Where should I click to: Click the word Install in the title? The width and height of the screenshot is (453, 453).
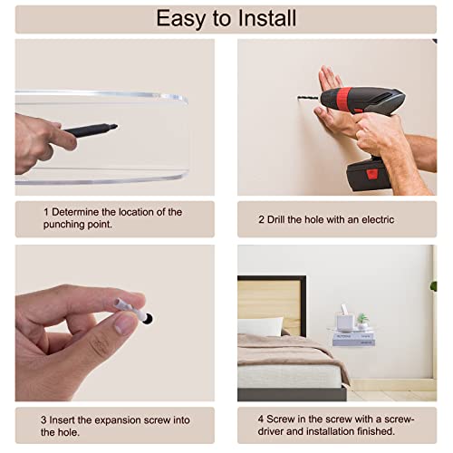[267, 18]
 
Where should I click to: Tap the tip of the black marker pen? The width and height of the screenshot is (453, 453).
[116, 126]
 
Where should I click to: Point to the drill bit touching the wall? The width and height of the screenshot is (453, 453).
[308, 98]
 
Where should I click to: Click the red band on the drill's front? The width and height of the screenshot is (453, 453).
[343, 97]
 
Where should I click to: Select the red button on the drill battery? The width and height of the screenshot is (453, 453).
[371, 174]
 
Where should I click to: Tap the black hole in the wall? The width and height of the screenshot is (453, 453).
[148, 319]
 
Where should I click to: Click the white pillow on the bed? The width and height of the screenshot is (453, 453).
[260, 326]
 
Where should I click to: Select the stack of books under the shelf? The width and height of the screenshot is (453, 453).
[353, 340]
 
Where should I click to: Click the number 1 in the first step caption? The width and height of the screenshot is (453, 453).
[46, 212]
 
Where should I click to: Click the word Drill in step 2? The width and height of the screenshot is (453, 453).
[275, 219]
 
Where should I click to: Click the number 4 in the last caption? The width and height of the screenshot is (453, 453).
[261, 419]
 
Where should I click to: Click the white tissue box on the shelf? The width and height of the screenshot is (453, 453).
[346, 320]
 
